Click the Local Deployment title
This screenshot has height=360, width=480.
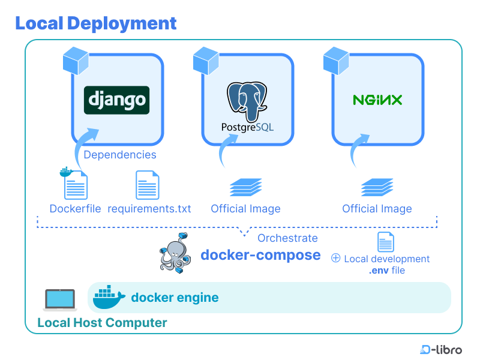tap(95, 23)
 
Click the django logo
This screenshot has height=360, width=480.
tap(116, 100)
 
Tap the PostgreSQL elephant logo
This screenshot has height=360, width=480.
tap(247, 100)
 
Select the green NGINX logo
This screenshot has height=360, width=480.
tap(377, 100)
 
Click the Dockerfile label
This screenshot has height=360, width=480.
tap(75, 209)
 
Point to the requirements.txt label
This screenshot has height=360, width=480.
tap(149, 209)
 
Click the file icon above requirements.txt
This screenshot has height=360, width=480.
tap(148, 185)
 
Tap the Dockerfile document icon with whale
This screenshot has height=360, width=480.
tap(75, 184)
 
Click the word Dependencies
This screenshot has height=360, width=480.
tap(120, 155)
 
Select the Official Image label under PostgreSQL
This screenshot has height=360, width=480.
tap(245, 209)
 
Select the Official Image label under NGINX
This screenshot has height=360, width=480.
tap(377, 209)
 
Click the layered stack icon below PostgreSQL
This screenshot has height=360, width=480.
tap(246, 187)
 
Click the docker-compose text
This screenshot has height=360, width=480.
tap(260, 255)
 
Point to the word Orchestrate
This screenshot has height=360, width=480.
tap(287, 238)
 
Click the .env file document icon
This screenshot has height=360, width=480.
tap(385, 242)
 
